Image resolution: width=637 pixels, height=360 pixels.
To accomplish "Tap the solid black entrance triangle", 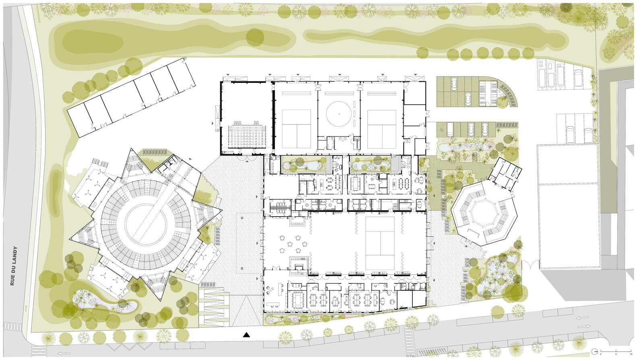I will (246, 334).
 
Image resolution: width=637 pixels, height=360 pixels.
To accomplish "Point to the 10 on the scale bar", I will (631, 354).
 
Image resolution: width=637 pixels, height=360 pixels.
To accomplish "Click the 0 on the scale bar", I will (600, 354).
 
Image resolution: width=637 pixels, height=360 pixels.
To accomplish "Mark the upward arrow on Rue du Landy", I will (26, 308).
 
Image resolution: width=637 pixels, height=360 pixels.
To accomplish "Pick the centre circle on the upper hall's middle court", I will (339, 114).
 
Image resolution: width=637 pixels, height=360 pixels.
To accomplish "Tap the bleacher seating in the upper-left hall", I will (247, 136).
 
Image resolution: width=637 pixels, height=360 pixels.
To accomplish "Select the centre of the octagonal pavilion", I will (483, 211).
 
